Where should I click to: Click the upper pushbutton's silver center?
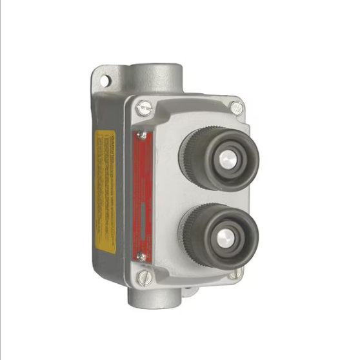[x=226, y=158]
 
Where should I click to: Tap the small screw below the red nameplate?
[x=141, y=257]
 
